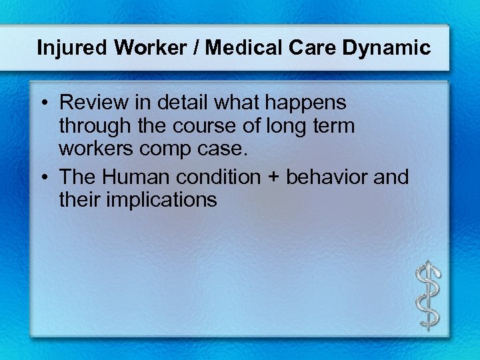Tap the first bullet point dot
tap(42, 105)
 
